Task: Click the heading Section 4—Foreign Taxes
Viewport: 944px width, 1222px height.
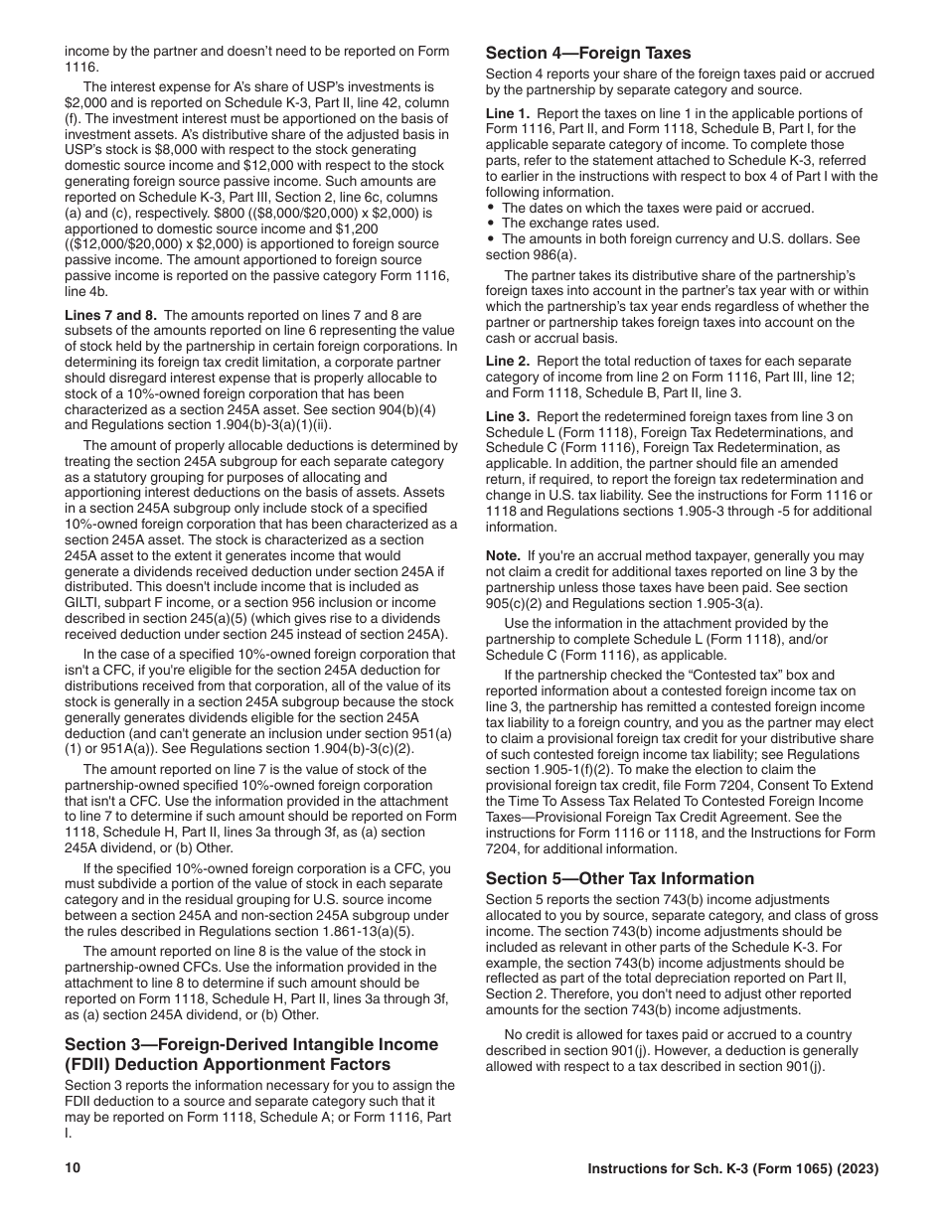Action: coord(588,54)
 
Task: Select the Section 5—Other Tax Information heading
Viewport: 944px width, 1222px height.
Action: coord(619,878)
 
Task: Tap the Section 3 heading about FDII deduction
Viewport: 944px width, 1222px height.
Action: coord(250,1054)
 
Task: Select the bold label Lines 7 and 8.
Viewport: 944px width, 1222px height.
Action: coord(110,315)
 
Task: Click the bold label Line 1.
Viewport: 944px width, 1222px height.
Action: coord(508,114)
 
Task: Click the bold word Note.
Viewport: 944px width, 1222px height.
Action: coord(504,556)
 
